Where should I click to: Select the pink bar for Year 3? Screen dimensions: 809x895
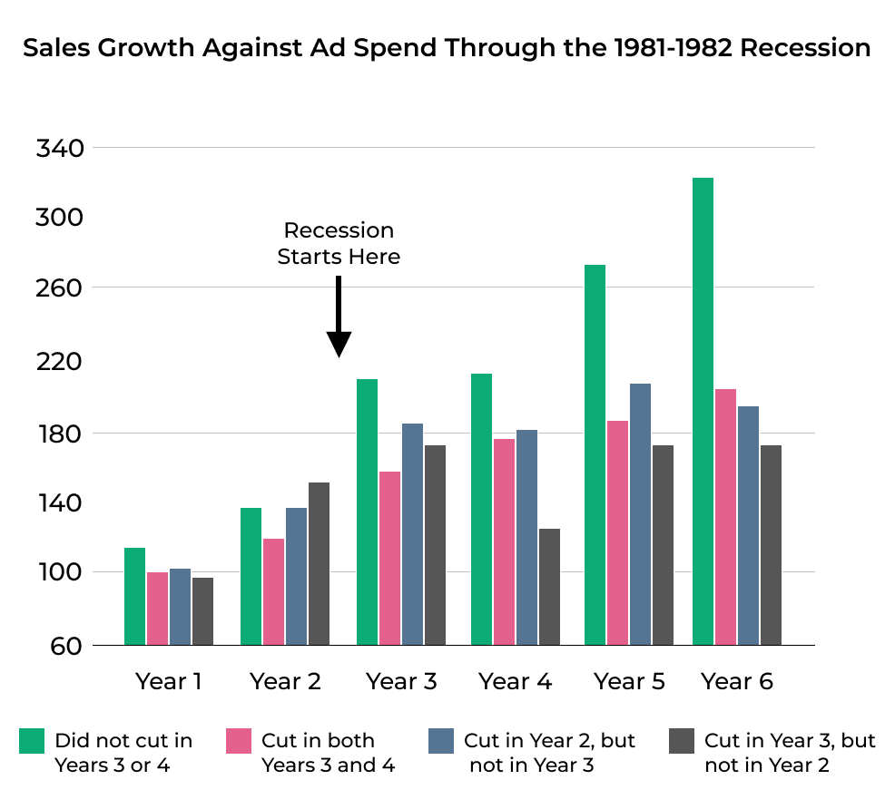(389, 558)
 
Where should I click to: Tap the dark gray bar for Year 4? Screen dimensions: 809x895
(549, 586)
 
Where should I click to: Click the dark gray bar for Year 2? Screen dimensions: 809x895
(319, 563)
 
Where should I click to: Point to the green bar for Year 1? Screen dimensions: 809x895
(134, 596)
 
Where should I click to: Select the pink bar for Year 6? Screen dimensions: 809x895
(725, 517)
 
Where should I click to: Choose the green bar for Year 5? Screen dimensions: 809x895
(595, 454)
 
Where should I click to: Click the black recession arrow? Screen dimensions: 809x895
(339, 317)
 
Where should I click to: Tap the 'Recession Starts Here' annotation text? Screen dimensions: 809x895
(339, 244)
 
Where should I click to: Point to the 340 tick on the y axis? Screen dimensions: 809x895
(59, 148)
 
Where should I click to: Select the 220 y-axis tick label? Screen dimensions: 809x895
(59, 362)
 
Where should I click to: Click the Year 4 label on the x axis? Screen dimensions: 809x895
(515, 681)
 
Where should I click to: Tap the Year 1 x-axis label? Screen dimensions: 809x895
(169, 681)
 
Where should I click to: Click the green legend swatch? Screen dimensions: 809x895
(32, 741)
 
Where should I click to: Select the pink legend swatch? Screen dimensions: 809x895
(238, 741)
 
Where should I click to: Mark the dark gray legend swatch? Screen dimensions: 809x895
(681, 741)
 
